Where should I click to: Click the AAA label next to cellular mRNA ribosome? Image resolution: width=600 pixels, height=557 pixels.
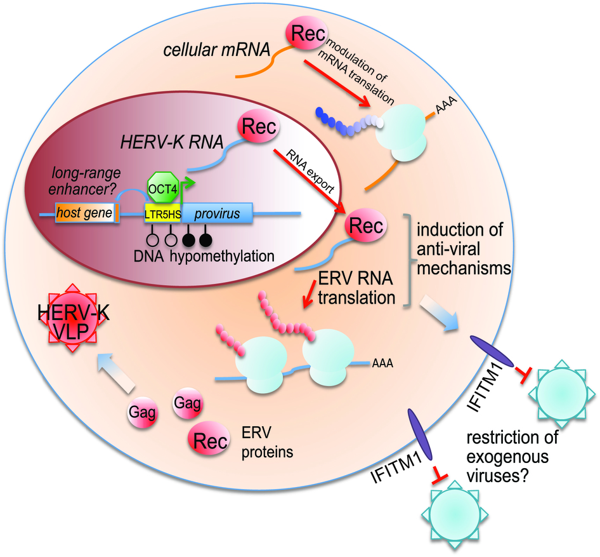click(449, 100)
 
